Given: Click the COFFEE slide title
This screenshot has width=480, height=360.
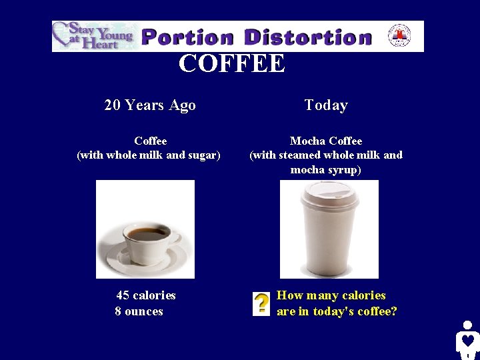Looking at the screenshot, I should [231, 64].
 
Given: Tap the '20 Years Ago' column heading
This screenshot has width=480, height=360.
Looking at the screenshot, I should [150, 105].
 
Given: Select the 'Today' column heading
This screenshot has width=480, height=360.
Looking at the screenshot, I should [326, 105].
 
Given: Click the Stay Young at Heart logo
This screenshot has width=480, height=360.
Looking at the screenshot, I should [93, 36].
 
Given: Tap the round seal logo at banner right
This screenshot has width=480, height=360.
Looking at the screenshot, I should [399, 35].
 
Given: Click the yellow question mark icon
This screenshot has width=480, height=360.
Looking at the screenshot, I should [261, 303].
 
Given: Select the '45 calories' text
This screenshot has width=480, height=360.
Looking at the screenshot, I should [146, 295].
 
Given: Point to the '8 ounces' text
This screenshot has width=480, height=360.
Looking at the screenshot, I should [139, 311].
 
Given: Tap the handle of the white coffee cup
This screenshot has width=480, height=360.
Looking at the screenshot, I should [177, 241].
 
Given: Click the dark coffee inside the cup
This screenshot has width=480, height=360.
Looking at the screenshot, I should [148, 234].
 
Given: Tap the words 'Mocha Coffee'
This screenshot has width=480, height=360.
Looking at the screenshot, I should [326, 141].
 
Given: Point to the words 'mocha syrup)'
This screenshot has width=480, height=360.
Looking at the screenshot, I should [326, 170].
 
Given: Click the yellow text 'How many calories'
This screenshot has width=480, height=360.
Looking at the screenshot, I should [331, 295].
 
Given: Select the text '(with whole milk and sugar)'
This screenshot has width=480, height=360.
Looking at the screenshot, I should [149, 155].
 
